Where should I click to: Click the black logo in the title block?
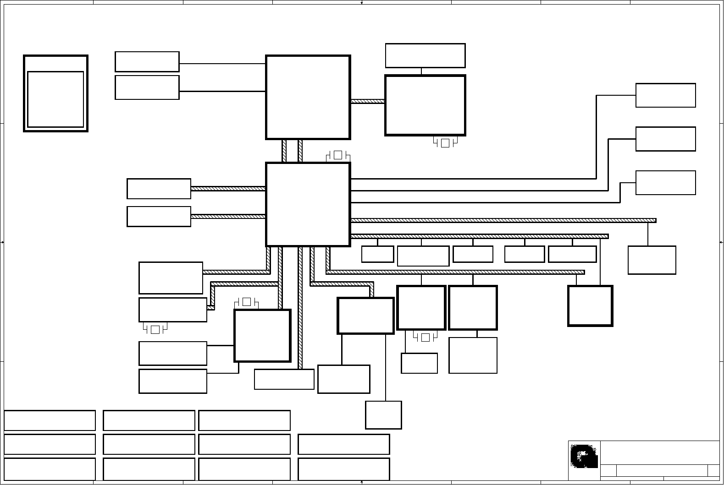(584, 456)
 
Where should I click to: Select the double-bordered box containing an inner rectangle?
(55, 93)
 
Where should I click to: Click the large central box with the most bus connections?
(308, 204)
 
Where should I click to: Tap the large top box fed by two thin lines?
(308, 97)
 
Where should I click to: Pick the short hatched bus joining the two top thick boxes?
(367, 101)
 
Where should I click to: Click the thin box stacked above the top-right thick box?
(425, 55)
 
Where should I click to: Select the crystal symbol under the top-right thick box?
(445, 143)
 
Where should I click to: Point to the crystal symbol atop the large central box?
(338, 155)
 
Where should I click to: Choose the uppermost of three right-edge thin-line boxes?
(665, 95)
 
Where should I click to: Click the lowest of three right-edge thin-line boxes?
(665, 183)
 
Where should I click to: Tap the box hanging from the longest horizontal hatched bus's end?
(652, 260)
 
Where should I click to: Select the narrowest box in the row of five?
(377, 254)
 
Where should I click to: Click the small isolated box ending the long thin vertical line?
(383, 415)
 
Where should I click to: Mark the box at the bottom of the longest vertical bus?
(284, 379)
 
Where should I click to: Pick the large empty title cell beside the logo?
(659, 452)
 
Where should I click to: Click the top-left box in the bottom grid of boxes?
(50, 420)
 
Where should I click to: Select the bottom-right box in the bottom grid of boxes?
(343, 469)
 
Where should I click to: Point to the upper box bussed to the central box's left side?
(159, 189)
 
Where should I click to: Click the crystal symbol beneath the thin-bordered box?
(155, 329)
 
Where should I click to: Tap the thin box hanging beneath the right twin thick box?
(473, 355)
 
